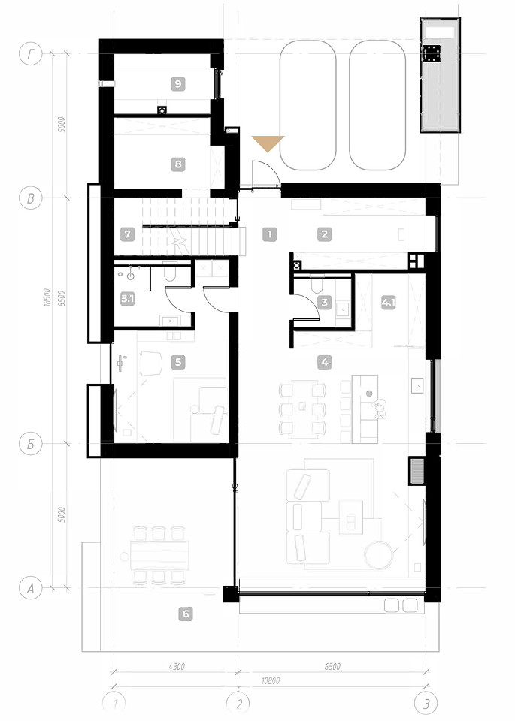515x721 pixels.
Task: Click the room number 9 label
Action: [177, 84]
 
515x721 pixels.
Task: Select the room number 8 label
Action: [177, 164]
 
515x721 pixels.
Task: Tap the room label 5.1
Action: [128, 300]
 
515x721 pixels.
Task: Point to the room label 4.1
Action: [389, 303]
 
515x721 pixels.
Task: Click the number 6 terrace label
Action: [186, 614]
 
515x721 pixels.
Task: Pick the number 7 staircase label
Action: [128, 234]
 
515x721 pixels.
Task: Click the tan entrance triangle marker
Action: [268, 143]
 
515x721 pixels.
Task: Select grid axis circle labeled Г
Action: [31, 54]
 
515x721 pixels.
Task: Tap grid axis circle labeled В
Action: [31, 198]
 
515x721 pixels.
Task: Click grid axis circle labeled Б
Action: [31, 444]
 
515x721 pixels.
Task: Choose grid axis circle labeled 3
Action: [426, 704]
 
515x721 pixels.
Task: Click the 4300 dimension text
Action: [176, 666]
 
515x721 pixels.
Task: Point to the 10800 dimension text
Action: [270, 680]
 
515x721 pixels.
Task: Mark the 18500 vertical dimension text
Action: [47, 297]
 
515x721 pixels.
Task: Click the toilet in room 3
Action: [317, 286]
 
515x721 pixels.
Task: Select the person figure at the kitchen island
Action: [379, 409]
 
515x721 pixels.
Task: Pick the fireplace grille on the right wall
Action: [417, 472]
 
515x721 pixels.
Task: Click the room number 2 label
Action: [325, 234]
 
